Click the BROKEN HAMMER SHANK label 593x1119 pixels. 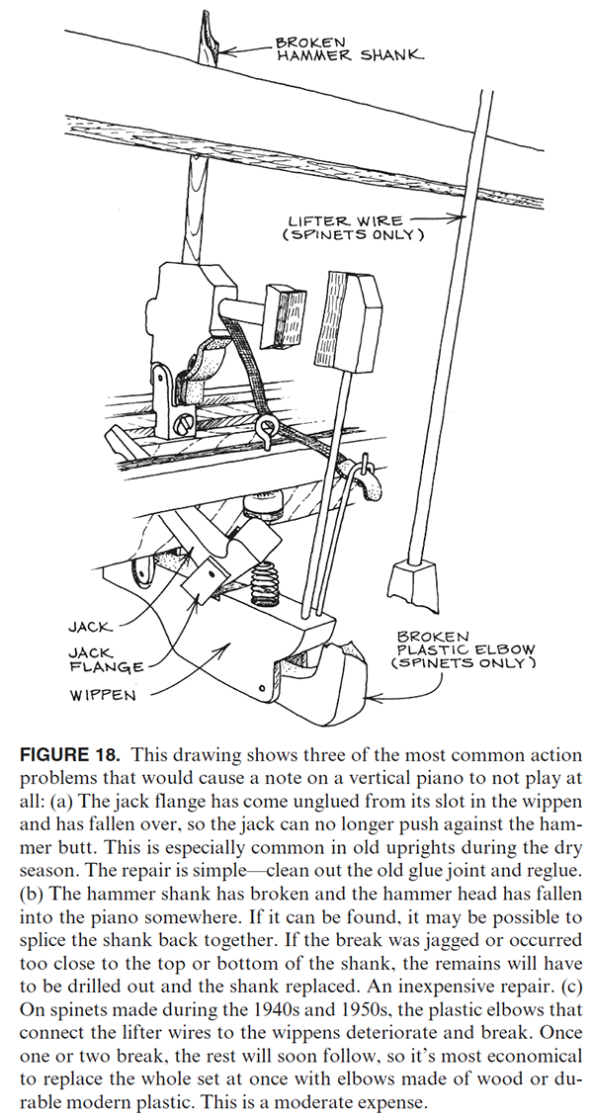point(348,49)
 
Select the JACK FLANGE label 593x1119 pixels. point(95,660)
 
